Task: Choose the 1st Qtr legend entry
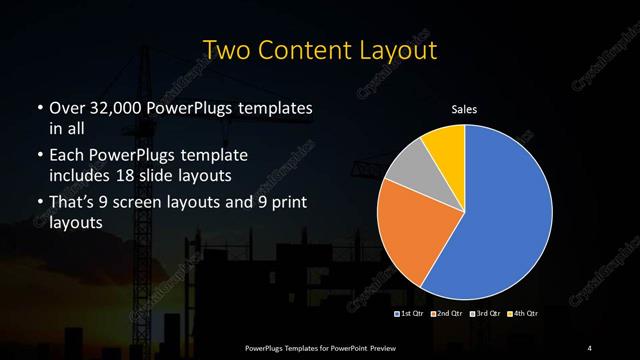coord(410,314)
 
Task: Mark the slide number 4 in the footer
coord(590,348)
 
